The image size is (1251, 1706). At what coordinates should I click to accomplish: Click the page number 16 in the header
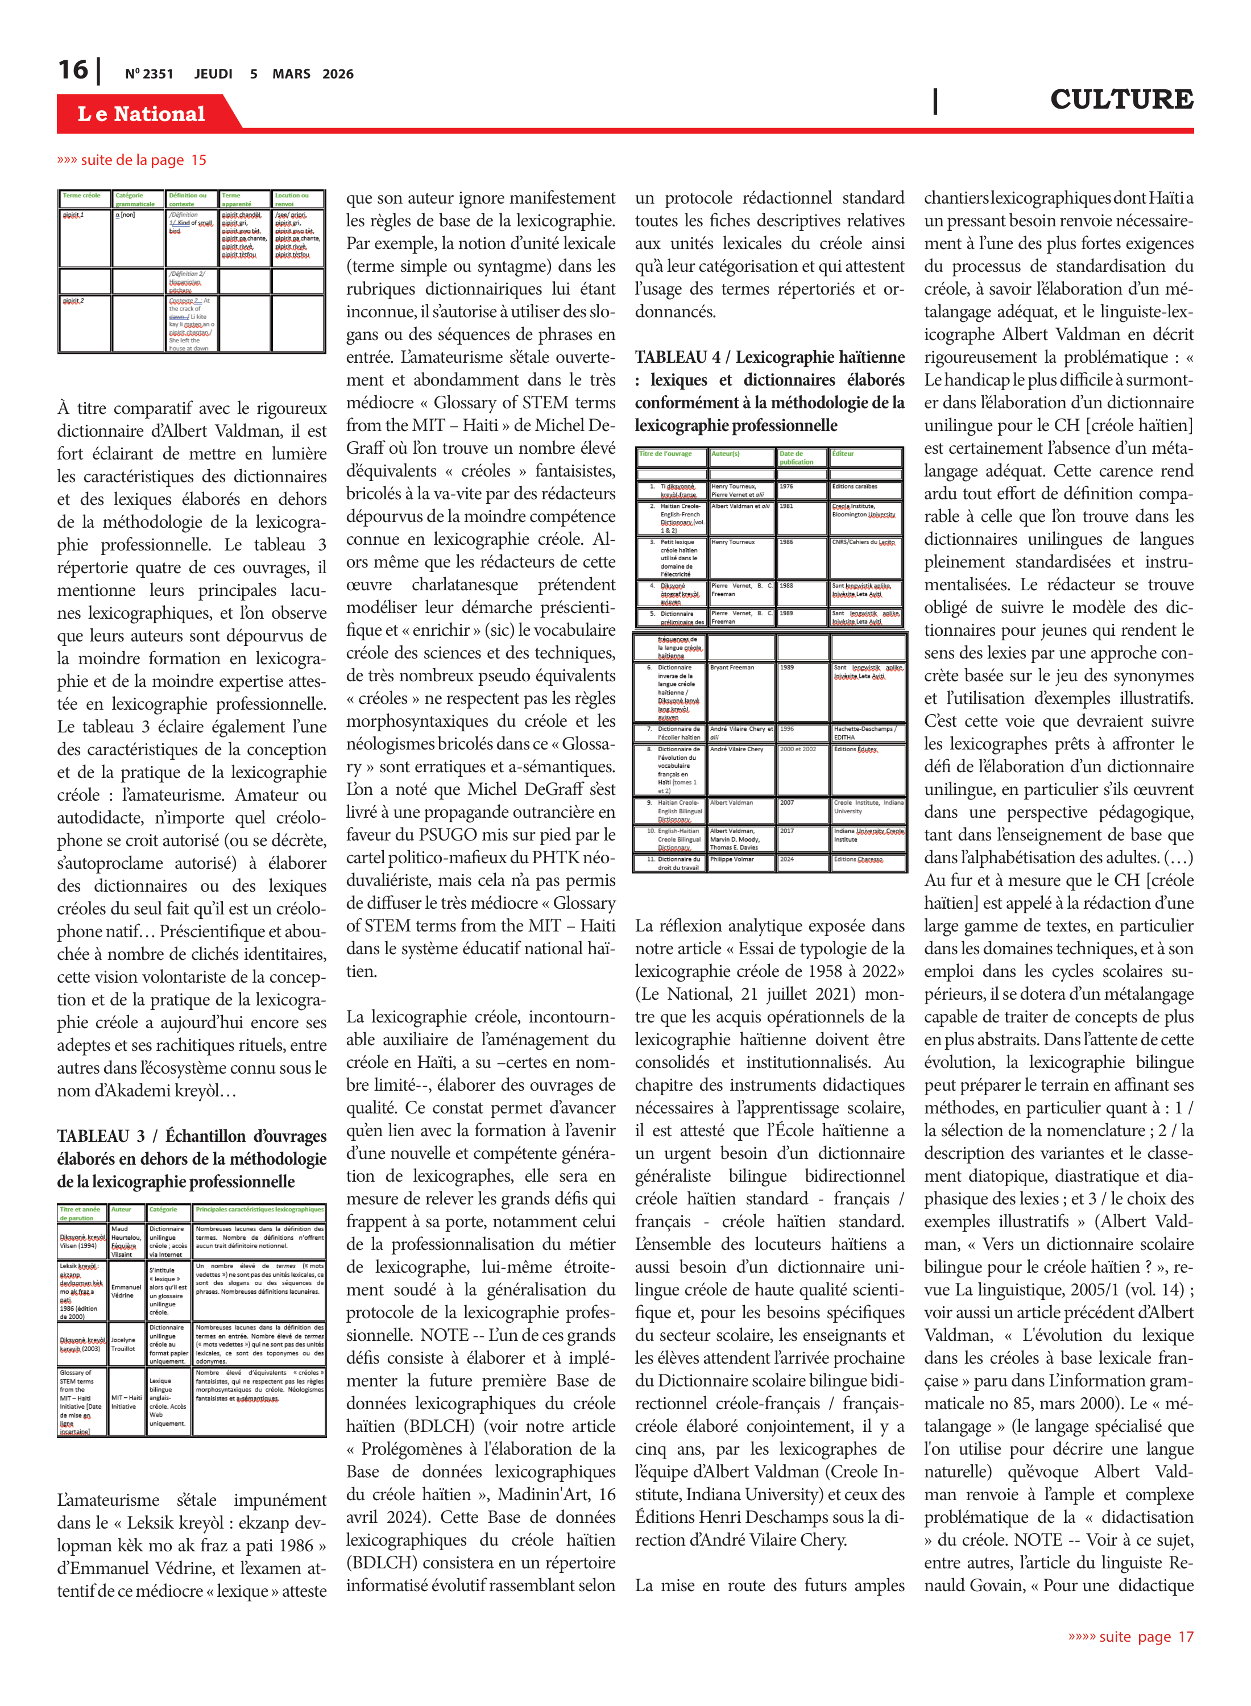pyautogui.click(x=73, y=70)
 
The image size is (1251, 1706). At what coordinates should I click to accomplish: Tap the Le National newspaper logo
pyautogui.click(x=141, y=114)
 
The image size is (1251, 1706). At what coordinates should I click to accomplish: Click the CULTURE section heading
pyautogui.click(x=1121, y=99)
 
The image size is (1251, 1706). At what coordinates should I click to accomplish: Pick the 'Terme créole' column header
pyautogui.click(x=82, y=196)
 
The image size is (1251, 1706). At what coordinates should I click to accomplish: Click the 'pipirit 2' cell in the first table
pyautogui.click(x=73, y=301)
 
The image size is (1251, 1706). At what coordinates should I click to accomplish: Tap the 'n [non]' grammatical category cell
pyautogui.click(x=126, y=216)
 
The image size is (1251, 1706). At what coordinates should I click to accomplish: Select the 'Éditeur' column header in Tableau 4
pyautogui.click(x=843, y=454)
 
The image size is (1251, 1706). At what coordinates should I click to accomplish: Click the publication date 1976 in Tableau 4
pyautogui.click(x=787, y=486)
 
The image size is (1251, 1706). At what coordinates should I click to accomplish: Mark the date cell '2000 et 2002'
pyautogui.click(x=798, y=749)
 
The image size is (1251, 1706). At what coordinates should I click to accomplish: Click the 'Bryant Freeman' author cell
pyautogui.click(x=732, y=668)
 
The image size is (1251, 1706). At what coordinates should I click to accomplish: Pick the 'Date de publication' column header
pyautogui.click(x=796, y=457)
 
